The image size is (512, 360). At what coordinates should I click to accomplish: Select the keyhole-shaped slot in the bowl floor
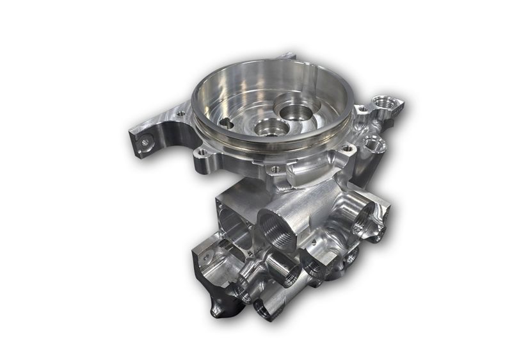(225, 120)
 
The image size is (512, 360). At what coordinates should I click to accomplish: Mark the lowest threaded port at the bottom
(264, 308)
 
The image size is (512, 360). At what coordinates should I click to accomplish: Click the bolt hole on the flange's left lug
(181, 114)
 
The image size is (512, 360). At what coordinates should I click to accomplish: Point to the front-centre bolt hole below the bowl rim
(275, 169)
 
